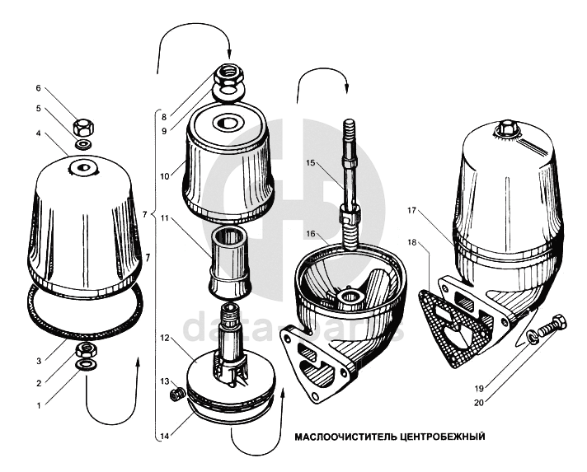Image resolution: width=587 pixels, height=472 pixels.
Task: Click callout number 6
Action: (x=38, y=88)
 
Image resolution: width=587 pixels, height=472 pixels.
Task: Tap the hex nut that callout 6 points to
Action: (x=84, y=128)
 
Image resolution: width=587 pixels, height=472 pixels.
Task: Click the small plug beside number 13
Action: (x=175, y=395)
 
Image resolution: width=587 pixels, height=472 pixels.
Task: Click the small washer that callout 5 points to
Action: (x=84, y=146)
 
